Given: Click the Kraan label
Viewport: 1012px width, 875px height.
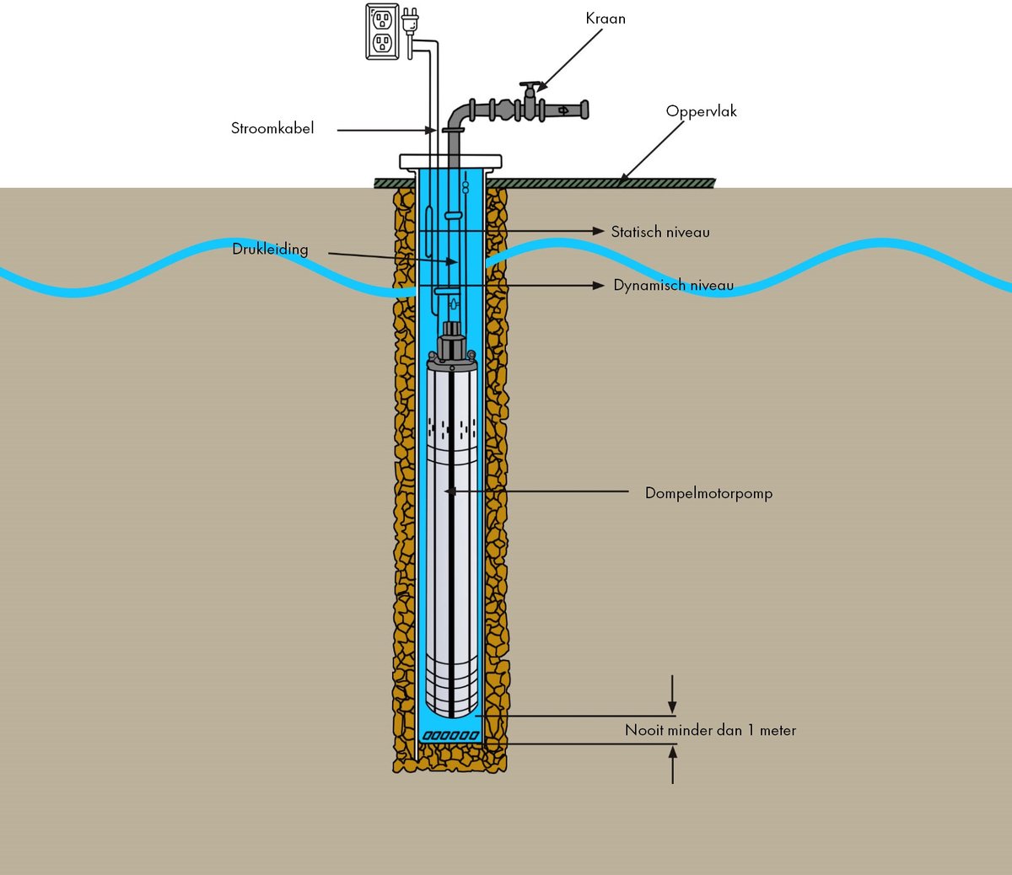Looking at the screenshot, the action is point(606,19).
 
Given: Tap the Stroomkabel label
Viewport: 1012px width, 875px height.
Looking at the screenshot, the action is point(272,128).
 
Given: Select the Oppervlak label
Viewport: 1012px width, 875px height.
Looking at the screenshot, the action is point(701,111).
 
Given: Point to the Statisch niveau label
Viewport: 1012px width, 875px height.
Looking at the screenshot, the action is point(660,232).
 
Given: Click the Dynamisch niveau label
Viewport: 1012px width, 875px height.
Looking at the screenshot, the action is point(673,285).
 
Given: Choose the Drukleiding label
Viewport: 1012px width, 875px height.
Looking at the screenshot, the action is point(270,249).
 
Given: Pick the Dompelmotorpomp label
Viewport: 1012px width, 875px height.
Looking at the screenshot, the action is point(708,493).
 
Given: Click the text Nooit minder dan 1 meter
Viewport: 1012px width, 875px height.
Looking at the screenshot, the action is point(710,730).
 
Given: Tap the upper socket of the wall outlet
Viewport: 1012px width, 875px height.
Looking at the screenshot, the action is point(382,20).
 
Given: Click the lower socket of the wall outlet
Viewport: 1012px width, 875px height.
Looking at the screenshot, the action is point(382,43).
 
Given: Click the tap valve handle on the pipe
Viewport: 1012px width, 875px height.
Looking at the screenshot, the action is point(530,85).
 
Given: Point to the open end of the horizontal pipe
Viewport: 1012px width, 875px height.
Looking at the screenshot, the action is point(584,110).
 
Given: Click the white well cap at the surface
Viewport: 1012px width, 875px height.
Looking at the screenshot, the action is point(450,161).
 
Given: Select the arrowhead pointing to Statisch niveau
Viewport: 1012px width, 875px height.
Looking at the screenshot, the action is point(598,231).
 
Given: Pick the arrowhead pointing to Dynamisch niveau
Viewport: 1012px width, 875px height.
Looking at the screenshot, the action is point(598,285).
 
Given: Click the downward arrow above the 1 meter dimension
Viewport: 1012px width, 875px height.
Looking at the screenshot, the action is point(673,694).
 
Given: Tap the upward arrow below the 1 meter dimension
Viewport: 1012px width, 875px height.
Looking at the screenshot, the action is point(673,765).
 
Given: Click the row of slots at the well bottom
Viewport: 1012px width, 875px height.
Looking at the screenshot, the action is point(450,736).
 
